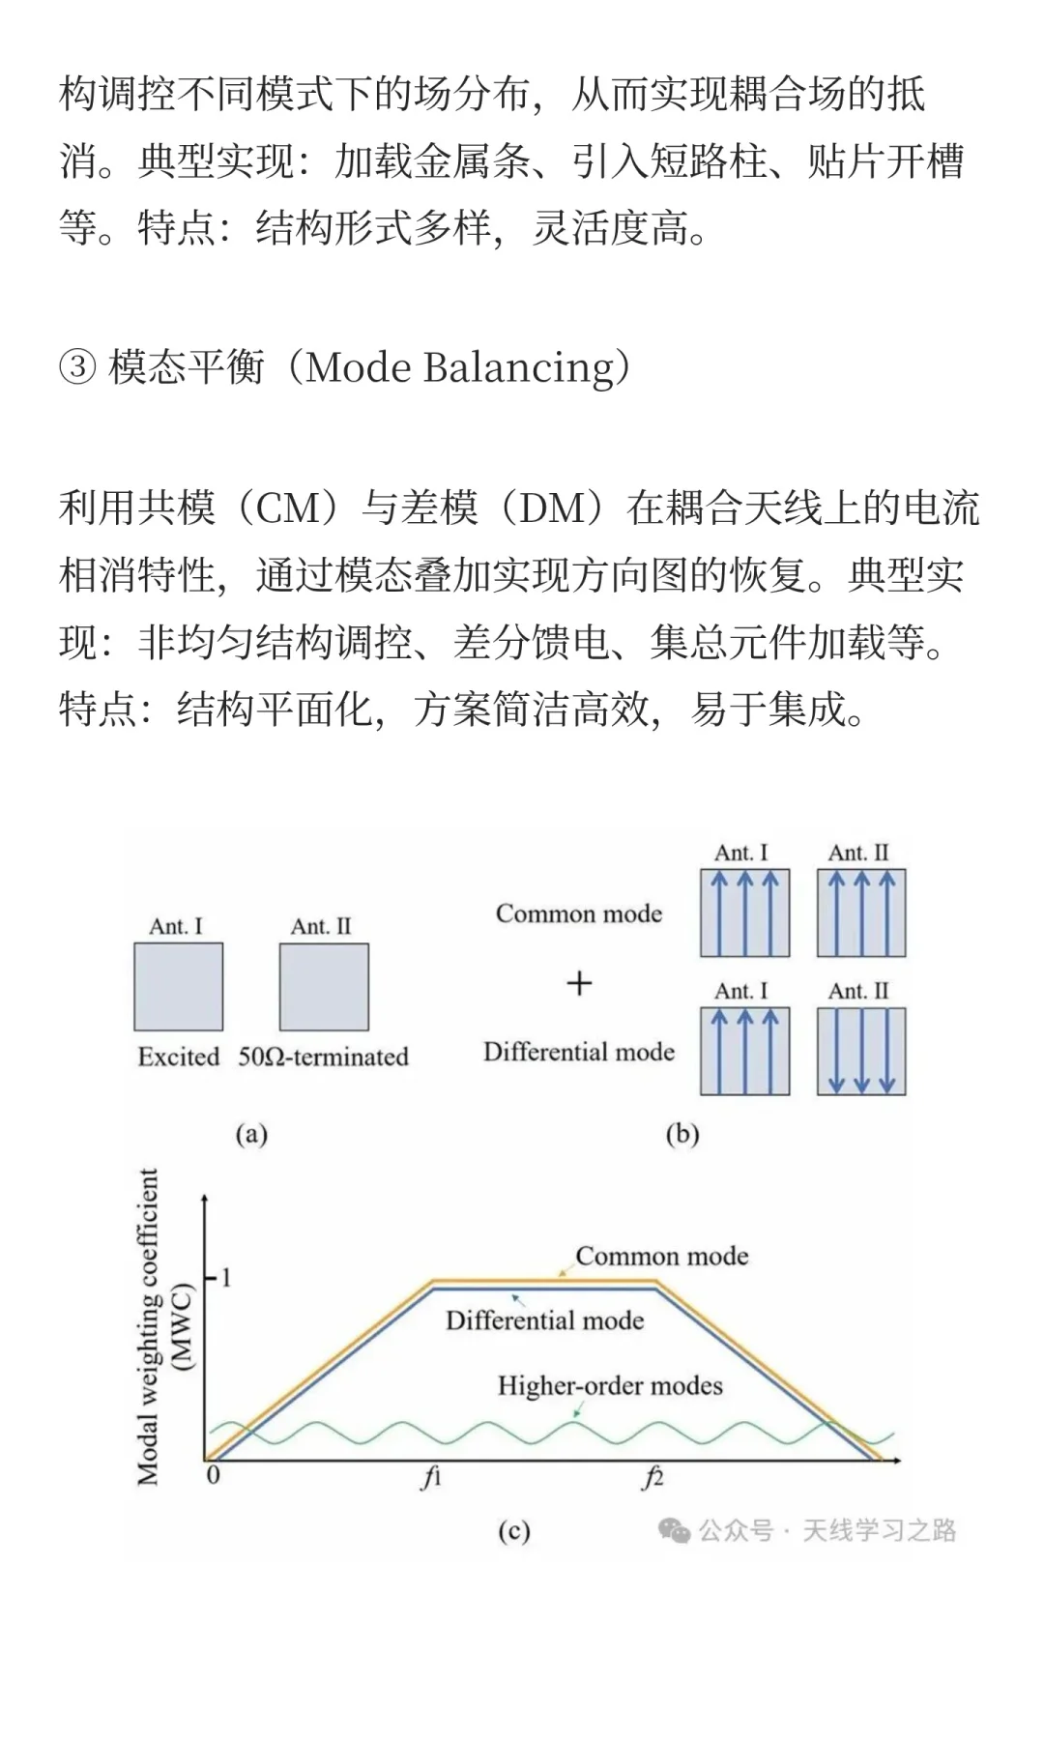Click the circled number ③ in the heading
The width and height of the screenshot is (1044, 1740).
[x=77, y=368]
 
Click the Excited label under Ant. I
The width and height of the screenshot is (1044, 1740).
[x=179, y=1057]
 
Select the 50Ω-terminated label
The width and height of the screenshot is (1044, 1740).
[x=324, y=1057]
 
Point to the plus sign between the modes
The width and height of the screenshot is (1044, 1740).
[x=579, y=984]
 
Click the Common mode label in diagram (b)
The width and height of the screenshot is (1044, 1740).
[x=579, y=913]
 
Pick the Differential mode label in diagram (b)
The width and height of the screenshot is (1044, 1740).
[x=579, y=1052]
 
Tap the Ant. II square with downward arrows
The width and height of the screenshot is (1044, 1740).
[x=861, y=1051]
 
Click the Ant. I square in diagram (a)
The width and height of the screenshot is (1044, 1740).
[x=178, y=987]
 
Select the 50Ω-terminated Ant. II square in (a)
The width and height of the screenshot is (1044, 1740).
[x=324, y=987]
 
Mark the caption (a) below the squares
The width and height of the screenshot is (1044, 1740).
[x=251, y=1134]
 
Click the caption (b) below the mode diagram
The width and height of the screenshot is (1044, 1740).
[x=682, y=1134]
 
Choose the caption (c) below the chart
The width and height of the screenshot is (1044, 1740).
[x=514, y=1530]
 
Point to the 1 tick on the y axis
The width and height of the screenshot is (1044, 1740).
[x=226, y=1278]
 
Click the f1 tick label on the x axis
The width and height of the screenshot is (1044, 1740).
[x=431, y=1477]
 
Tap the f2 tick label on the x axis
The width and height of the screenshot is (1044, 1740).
[x=653, y=1477]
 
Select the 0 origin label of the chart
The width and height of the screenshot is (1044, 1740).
[x=214, y=1475]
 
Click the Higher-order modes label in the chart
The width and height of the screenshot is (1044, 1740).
[x=610, y=1385]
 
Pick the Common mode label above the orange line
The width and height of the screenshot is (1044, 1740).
[x=662, y=1256]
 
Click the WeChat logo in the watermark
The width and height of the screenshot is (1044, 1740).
[x=674, y=1530]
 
